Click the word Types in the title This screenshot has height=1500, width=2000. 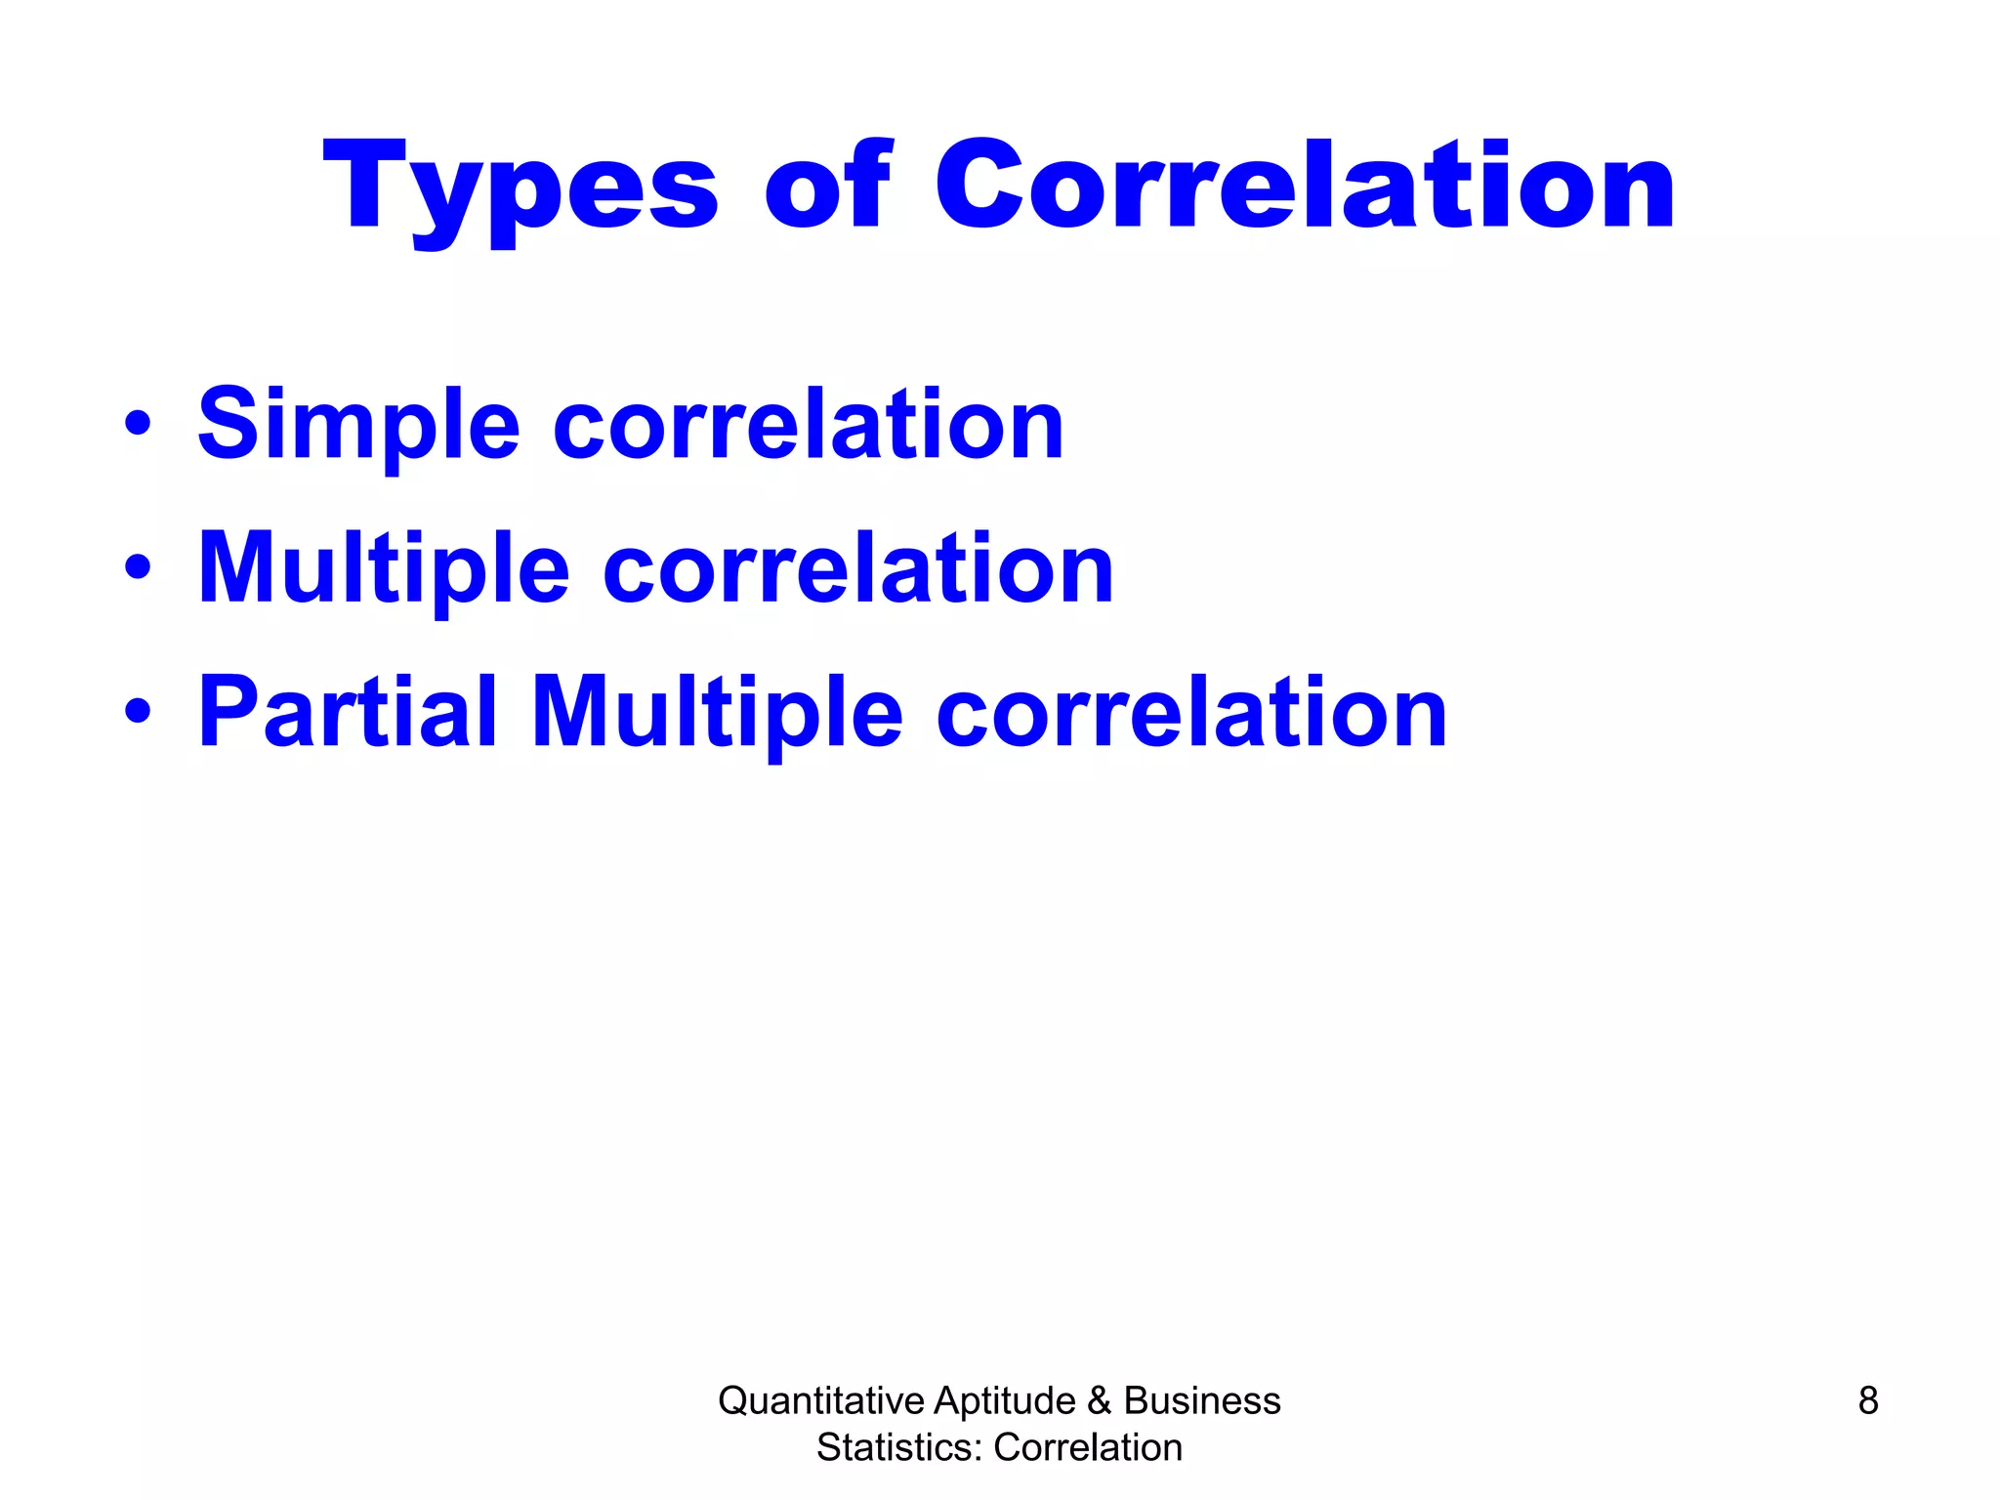coord(520,187)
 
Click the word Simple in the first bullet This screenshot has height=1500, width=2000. coord(358,425)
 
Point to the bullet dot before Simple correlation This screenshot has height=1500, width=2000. coord(138,423)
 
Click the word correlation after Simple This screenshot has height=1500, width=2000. coord(809,425)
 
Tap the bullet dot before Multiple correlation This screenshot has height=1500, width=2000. coord(138,567)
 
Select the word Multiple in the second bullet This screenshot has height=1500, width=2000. coord(383,569)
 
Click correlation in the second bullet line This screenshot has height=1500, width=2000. coord(858,569)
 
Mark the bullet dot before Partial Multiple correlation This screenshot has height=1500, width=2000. coord(138,712)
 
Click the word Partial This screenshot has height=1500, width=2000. coord(348,713)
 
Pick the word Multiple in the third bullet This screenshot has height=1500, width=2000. coord(717,713)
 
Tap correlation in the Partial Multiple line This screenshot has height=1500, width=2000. coord(1191,713)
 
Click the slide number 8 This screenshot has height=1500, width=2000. coord(1867,1400)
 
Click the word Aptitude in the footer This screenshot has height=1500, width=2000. coord(1004,1400)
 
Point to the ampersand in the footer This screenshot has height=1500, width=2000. coord(1099,1400)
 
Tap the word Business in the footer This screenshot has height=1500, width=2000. coord(1201,1400)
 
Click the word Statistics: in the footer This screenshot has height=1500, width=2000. coord(898,1447)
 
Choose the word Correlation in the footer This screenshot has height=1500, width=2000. coord(1088,1447)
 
